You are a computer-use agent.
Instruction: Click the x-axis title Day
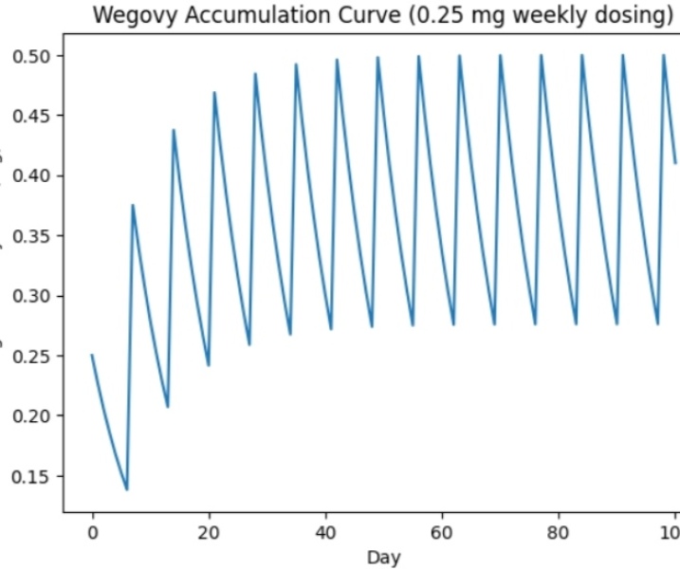(383, 558)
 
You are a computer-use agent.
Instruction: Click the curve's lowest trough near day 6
(127, 489)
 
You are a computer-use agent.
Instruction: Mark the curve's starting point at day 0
(92, 356)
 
